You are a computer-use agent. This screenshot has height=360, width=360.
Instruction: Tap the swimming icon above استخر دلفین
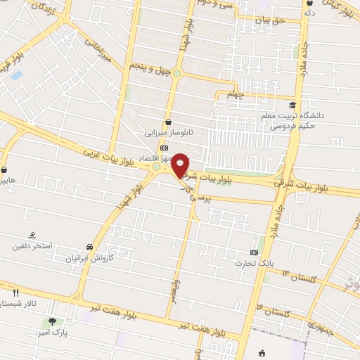[x=32, y=236]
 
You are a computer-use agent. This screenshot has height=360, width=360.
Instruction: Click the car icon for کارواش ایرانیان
[x=90, y=247]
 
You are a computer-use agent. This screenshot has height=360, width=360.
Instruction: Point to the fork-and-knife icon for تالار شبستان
[x=15, y=292]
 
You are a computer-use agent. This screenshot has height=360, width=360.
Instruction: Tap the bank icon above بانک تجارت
[x=254, y=252]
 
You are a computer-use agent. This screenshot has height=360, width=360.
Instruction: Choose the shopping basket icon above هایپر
[x=6, y=170]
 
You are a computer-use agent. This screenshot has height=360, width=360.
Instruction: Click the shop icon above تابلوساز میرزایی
[x=167, y=122]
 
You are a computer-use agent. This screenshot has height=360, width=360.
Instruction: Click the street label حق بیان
[x=271, y=20]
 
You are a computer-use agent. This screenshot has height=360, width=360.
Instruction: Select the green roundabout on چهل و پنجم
[x=178, y=73]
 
